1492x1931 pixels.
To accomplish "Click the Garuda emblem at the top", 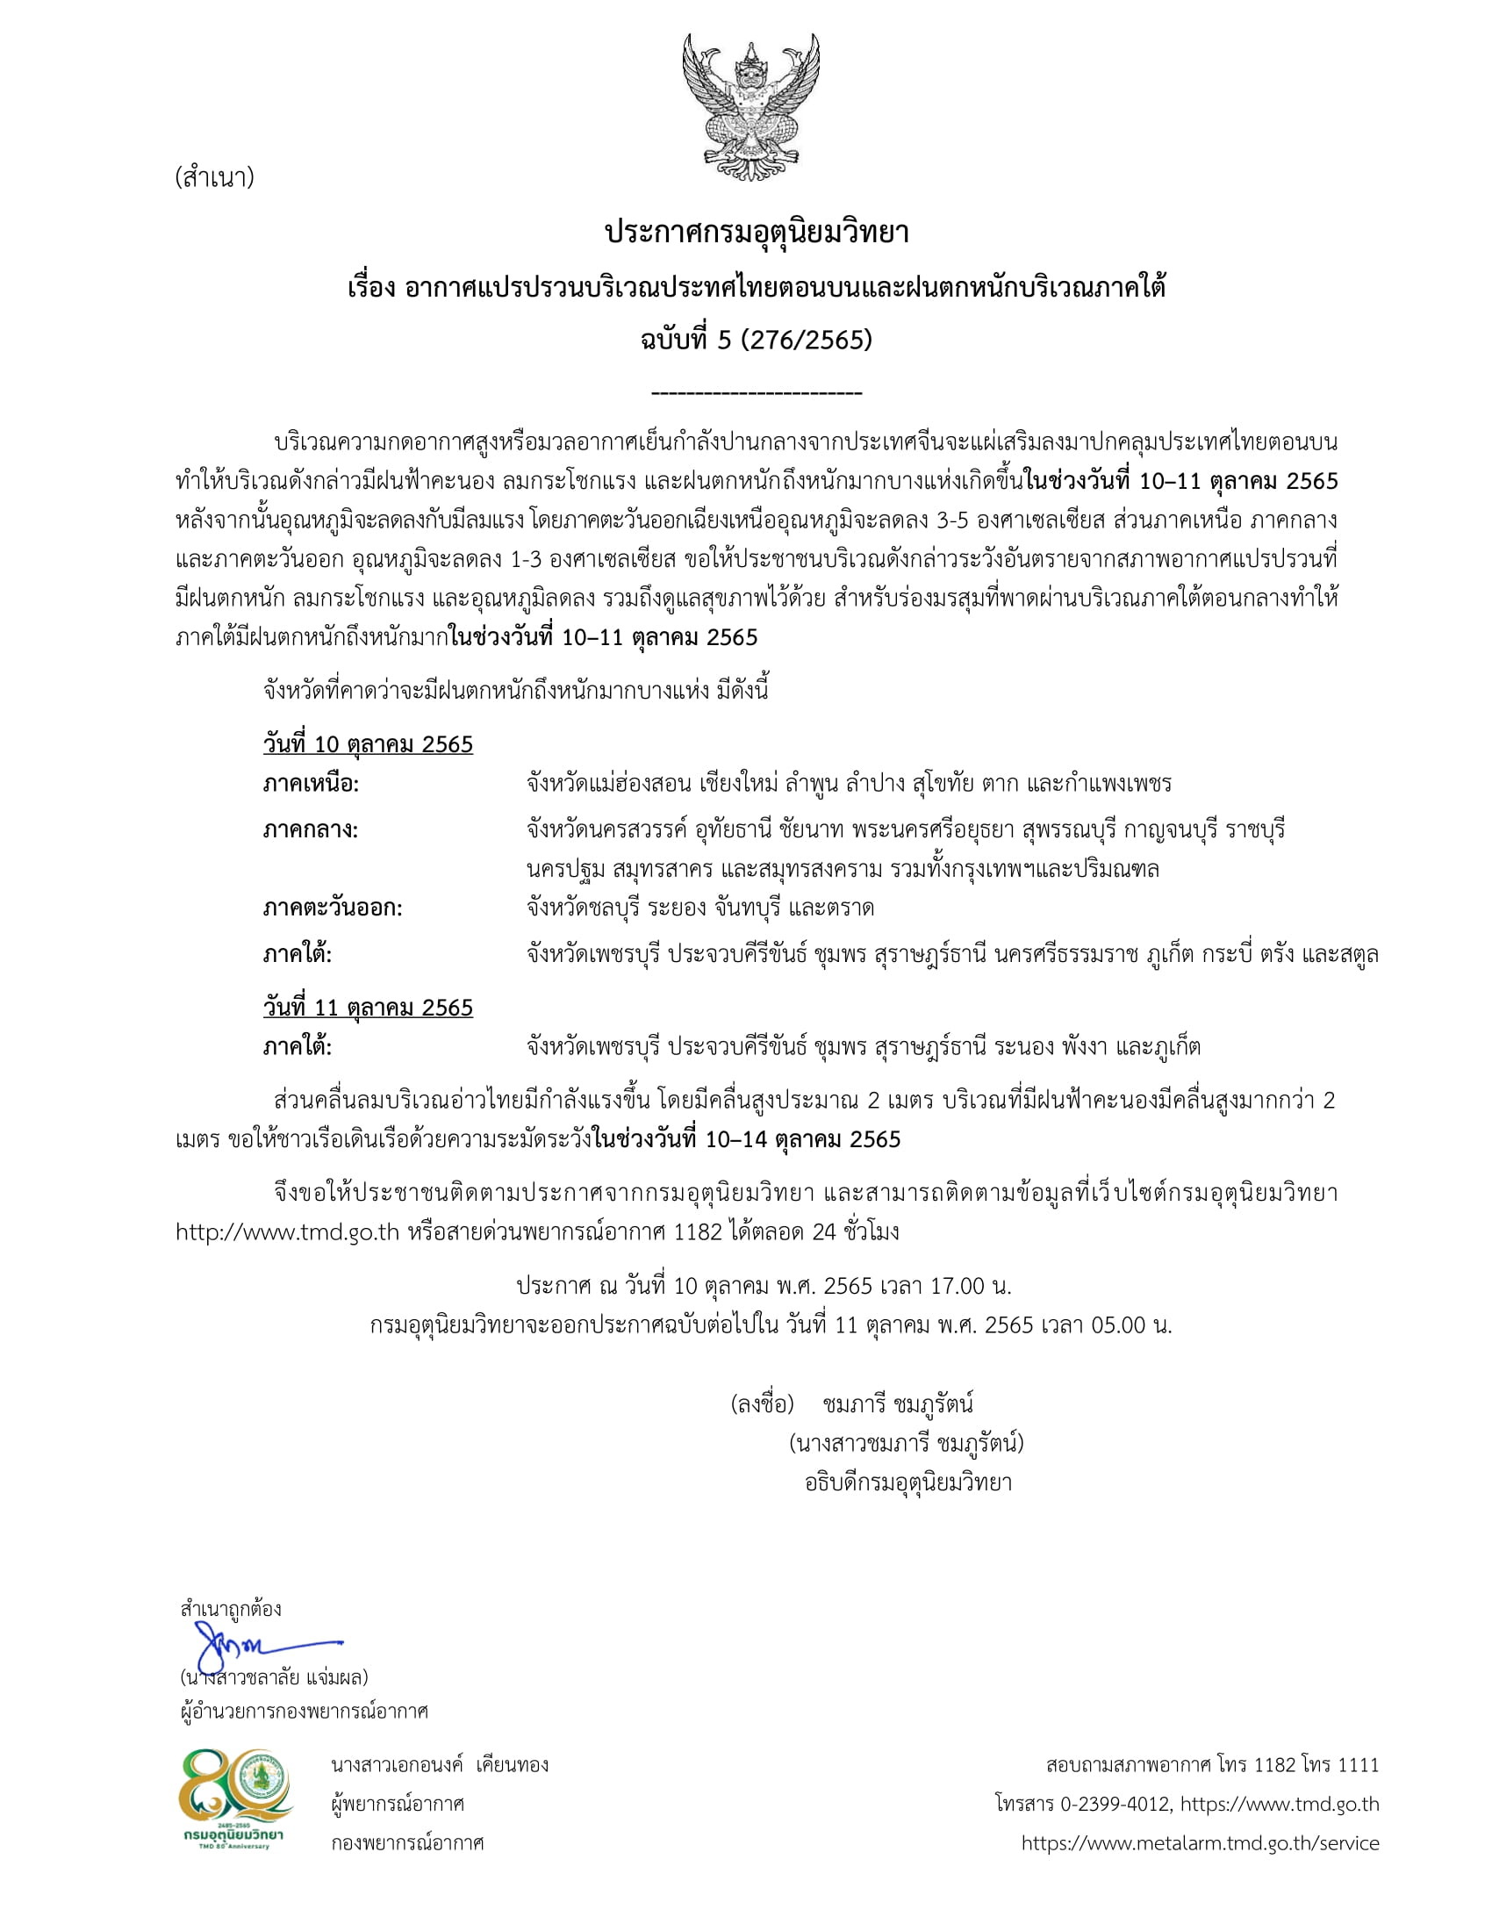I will (x=750, y=107).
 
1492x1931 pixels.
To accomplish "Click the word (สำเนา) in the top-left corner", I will (x=215, y=177).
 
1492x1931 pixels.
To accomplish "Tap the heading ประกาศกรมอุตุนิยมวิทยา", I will (x=757, y=233).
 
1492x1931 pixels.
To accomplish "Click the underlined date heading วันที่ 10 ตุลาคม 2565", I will (x=368, y=744).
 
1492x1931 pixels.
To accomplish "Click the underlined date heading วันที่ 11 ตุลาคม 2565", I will (x=368, y=1008).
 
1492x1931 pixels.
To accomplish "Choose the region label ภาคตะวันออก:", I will (x=333, y=908).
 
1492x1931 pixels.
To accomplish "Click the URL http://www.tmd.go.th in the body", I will (x=287, y=1231).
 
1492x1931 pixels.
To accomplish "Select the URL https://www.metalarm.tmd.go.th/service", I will (x=1200, y=1842).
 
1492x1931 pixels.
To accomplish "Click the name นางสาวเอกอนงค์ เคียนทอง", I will (x=440, y=1765).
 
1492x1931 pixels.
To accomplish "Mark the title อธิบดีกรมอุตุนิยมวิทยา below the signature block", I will (x=907, y=1482).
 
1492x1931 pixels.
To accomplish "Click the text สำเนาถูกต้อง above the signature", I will (x=231, y=1608).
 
